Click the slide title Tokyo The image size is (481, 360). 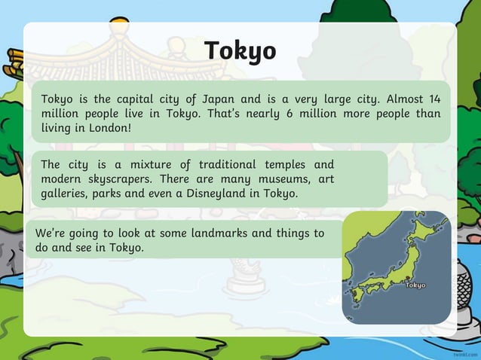coord(240,50)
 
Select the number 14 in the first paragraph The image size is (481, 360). coord(434,99)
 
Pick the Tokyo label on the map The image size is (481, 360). coord(415,285)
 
